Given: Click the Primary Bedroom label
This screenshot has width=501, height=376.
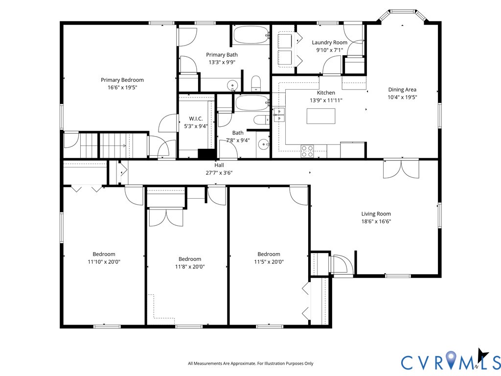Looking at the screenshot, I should (x=122, y=80).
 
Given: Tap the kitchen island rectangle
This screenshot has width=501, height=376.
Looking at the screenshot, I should (x=321, y=117).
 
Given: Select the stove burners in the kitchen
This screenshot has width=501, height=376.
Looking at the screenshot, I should (x=307, y=151).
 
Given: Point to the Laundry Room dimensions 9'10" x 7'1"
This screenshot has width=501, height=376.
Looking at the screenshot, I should (x=329, y=49).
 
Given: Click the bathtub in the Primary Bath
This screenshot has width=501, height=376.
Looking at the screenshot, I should (x=251, y=35).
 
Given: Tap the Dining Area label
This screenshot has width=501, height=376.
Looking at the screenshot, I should (x=402, y=90).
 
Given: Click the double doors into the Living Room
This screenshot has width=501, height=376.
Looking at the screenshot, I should (x=401, y=169).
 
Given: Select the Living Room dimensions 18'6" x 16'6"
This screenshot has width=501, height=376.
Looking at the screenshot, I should (x=376, y=221).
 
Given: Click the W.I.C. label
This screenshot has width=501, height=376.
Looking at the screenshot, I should (x=196, y=119).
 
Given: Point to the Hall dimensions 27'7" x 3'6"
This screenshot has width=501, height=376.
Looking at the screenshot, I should (x=219, y=172).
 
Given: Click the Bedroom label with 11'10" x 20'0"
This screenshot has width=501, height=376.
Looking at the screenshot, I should (x=104, y=254).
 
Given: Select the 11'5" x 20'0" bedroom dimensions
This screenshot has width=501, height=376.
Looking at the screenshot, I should (x=269, y=261).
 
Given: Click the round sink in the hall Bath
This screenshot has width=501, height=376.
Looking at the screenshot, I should (x=264, y=144).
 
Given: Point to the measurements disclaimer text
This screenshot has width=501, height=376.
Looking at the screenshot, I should (x=250, y=363).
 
